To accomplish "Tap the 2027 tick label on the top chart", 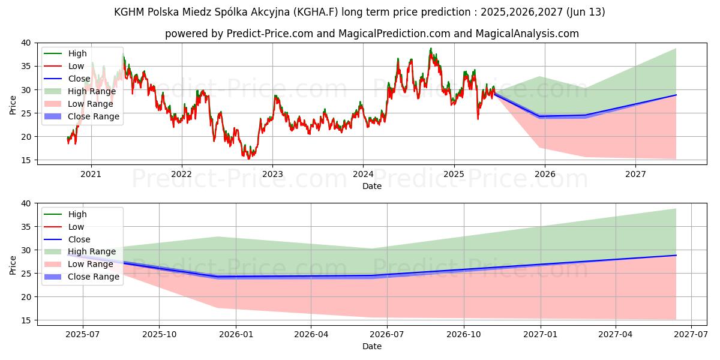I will [x=635, y=174].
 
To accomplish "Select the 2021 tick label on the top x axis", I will [x=91, y=174].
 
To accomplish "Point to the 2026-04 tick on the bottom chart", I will [x=311, y=335].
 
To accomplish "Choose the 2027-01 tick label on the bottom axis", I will [x=541, y=335].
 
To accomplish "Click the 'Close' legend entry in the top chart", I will [x=79, y=79].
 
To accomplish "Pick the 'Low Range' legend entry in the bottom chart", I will [x=91, y=265].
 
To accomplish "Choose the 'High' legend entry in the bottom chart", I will [x=77, y=214].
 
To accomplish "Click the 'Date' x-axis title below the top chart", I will [x=371, y=186].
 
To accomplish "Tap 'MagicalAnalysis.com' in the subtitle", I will [x=527, y=34].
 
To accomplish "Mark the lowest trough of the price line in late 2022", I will [x=249, y=158].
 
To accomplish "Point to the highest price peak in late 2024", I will [x=430, y=49].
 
